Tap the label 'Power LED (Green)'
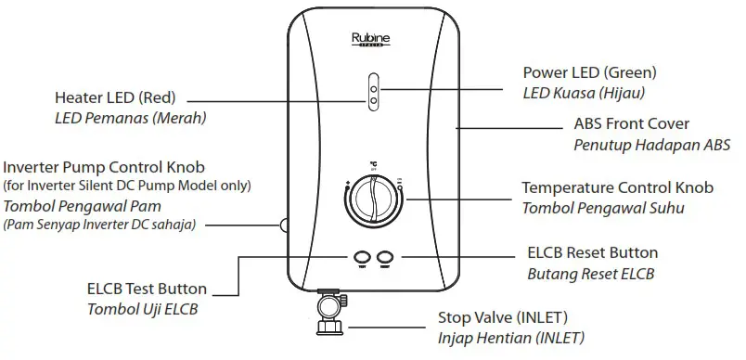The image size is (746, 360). (x=589, y=72)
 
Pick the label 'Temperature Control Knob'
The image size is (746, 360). (x=617, y=187)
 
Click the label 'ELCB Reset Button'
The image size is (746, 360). (x=592, y=252)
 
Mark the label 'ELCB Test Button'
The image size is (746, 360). (x=147, y=289)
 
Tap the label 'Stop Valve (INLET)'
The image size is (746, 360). (x=502, y=318)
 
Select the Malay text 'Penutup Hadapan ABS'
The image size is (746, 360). (x=653, y=145)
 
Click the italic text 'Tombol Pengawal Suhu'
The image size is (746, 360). (x=603, y=208)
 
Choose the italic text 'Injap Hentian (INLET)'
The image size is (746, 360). (x=511, y=339)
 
